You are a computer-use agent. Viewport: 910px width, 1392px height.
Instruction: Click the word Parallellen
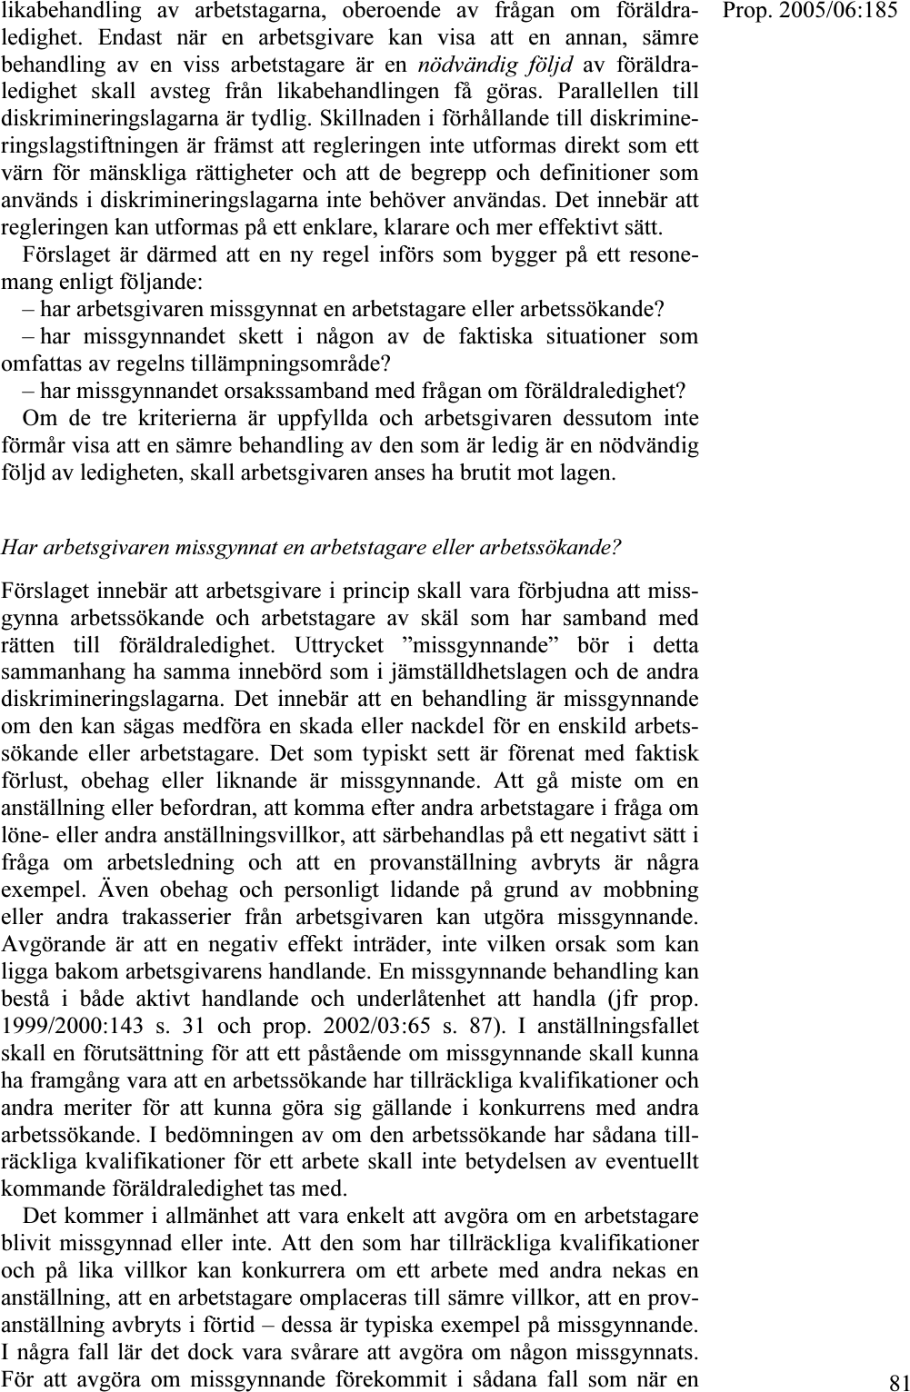click(608, 92)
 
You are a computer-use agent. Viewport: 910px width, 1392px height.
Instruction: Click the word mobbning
click(648, 890)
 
